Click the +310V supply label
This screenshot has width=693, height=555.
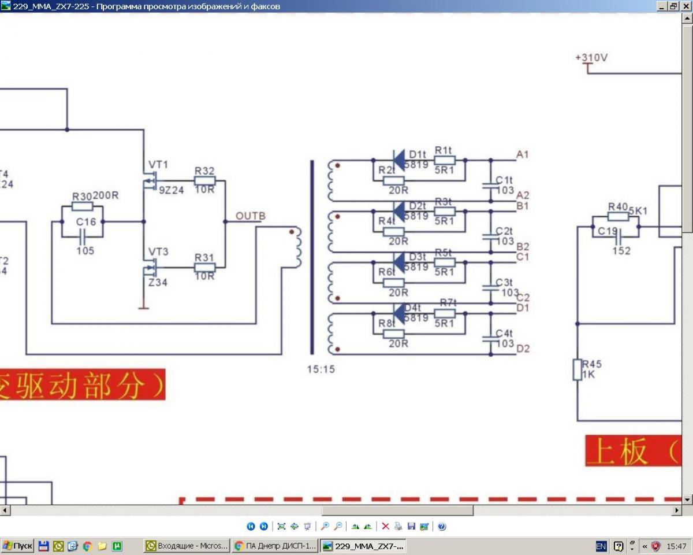click(x=591, y=58)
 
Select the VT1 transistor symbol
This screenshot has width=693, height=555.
click(x=151, y=182)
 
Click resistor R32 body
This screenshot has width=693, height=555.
click(x=204, y=181)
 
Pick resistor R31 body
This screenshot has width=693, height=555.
click(x=204, y=267)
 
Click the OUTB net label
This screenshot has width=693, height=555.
click(x=251, y=217)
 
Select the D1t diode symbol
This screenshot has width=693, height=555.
click(x=398, y=160)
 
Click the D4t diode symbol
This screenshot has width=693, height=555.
click(x=398, y=313)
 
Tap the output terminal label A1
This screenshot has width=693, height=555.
click(x=523, y=154)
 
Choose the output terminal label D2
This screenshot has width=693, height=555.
click(x=523, y=349)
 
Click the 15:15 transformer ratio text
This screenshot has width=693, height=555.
click(x=321, y=369)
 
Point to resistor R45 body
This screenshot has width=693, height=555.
click(x=577, y=369)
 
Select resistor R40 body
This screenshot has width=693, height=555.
click(x=618, y=216)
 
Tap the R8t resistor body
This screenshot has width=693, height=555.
click(x=393, y=334)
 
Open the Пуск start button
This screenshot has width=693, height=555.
click(x=17, y=546)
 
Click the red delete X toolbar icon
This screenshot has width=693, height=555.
click(x=385, y=526)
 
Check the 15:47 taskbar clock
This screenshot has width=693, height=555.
click(x=676, y=546)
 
